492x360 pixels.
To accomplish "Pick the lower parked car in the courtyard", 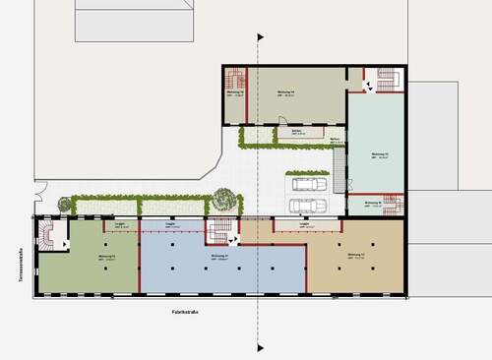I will point(303,205).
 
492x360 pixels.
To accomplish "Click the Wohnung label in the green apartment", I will point(107,255).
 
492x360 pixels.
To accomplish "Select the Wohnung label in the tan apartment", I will point(356,255).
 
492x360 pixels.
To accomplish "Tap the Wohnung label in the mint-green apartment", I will point(379,154).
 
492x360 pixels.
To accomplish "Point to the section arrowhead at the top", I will point(260,37).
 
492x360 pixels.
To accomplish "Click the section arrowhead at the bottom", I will point(260,346).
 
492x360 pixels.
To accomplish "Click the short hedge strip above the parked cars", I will point(310,171).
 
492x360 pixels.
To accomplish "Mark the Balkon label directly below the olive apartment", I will point(294,130).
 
